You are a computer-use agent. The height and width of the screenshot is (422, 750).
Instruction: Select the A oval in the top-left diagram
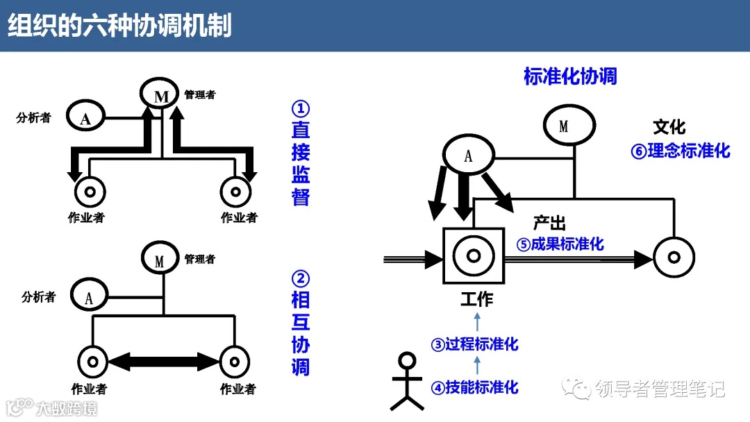[x=85, y=118]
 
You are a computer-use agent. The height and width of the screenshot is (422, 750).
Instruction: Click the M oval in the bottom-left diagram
[x=160, y=260]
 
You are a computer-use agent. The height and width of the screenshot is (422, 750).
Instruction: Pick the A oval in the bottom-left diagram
[x=89, y=298]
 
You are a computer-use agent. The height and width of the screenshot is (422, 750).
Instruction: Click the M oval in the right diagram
[x=568, y=126]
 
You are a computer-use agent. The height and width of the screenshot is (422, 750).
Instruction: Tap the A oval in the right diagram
[x=468, y=155]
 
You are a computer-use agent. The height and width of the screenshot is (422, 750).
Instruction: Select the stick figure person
[x=406, y=382]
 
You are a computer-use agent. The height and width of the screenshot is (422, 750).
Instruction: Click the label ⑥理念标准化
[x=680, y=151]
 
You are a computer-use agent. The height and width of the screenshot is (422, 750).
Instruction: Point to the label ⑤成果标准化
[x=559, y=244]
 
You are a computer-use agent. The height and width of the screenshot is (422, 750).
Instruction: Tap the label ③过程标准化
[x=475, y=344]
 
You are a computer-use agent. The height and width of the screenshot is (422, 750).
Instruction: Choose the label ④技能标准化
[x=475, y=387]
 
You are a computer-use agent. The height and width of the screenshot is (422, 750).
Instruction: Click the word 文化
[x=669, y=126]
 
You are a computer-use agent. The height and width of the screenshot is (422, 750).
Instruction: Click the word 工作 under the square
[x=476, y=299]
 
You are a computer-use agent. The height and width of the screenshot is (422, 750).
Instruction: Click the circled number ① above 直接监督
[x=300, y=109]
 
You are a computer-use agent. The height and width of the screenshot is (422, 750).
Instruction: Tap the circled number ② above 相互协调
[x=300, y=279]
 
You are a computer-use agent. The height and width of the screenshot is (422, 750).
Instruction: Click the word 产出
[x=549, y=223]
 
